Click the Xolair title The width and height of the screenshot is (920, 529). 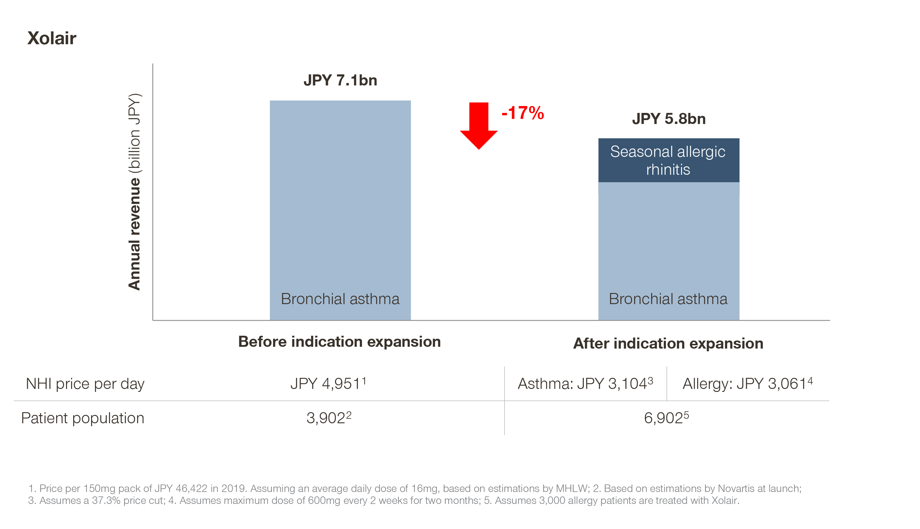point(52,38)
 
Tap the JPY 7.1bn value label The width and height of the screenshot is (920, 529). point(340,80)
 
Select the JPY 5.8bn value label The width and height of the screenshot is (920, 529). point(669,119)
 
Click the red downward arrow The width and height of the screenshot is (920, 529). point(479,125)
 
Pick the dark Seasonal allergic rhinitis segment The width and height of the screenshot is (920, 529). point(669,160)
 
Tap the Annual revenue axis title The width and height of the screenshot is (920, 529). point(134,192)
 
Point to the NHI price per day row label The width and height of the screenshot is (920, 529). point(85,384)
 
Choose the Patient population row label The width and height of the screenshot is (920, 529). point(83,418)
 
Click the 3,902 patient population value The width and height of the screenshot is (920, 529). point(329,418)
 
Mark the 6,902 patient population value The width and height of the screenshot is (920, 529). point(666,418)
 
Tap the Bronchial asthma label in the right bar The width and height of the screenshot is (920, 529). point(668,299)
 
